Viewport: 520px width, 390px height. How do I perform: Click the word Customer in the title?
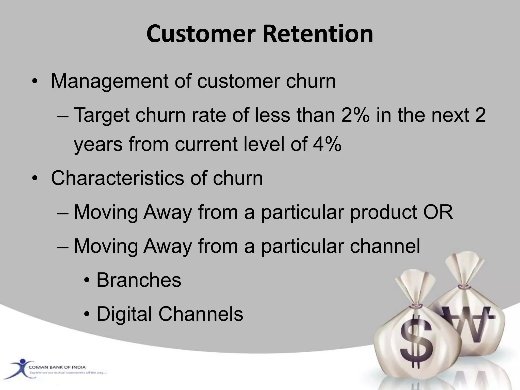[x=201, y=34]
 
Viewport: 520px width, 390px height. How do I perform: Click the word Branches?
[x=139, y=280]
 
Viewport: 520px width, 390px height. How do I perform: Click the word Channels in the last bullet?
[x=201, y=314]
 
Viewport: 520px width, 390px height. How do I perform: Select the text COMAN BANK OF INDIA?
[x=57, y=367]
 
